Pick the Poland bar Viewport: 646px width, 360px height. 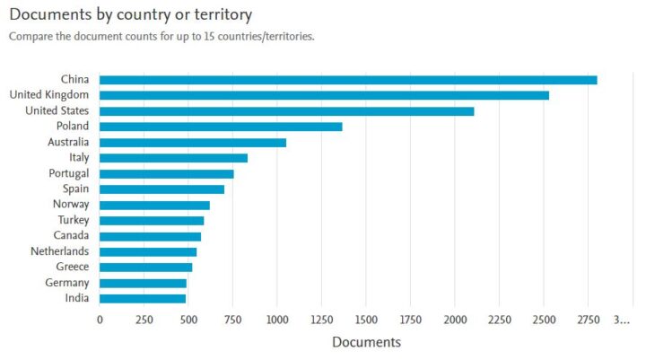(221, 127)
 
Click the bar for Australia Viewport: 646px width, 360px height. (193, 142)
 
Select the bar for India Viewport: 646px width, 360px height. (143, 298)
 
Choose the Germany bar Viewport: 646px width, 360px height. (143, 283)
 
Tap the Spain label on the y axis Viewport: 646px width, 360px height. (74, 189)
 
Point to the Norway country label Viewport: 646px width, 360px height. (70, 205)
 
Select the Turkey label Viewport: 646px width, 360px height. (72, 220)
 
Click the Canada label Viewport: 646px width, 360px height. (70, 235)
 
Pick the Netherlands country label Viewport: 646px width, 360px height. (59, 251)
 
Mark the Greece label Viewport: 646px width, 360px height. (72, 267)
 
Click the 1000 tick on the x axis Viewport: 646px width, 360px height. (276, 320)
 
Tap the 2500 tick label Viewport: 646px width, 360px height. (543, 320)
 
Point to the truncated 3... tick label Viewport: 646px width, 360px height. (622, 320)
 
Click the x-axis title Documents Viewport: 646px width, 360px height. (366, 342)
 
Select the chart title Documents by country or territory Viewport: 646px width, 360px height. (130, 15)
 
